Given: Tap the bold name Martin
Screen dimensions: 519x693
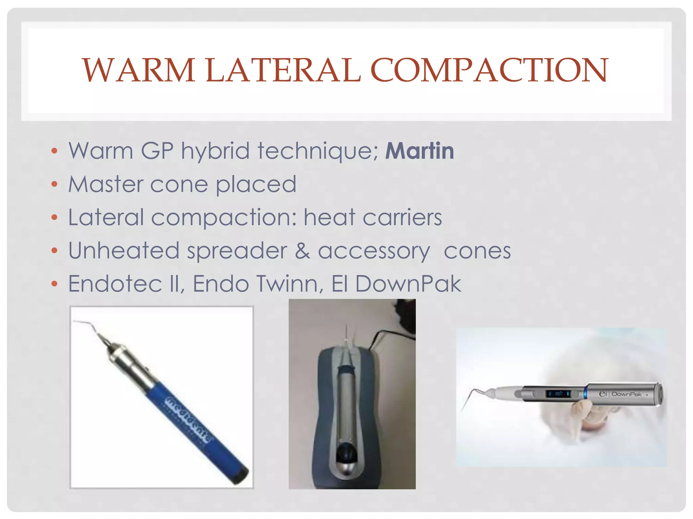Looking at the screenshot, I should click(x=420, y=151).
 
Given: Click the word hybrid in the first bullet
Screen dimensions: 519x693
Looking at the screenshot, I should click(x=216, y=151).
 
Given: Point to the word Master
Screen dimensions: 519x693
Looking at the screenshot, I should click(x=106, y=184).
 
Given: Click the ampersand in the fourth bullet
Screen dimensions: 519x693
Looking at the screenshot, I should click(x=302, y=251).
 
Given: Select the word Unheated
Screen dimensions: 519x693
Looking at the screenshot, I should click(x=124, y=251).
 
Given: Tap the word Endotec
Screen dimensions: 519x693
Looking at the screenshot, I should click(x=115, y=284).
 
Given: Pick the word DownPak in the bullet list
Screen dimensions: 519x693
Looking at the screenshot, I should click(x=408, y=284).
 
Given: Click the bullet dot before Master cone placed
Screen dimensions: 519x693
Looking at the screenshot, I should click(x=54, y=184).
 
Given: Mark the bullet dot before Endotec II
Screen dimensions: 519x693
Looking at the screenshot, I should click(x=54, y=284).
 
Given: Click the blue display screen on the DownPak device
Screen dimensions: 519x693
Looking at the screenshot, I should click(x=559, y=394).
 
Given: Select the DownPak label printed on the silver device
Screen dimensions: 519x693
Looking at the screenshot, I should click(x=627, y=394).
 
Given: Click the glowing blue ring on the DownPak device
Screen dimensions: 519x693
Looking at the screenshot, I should click(x=585, y=393).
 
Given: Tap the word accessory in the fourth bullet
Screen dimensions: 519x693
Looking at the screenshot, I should click(x=374, y=251).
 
